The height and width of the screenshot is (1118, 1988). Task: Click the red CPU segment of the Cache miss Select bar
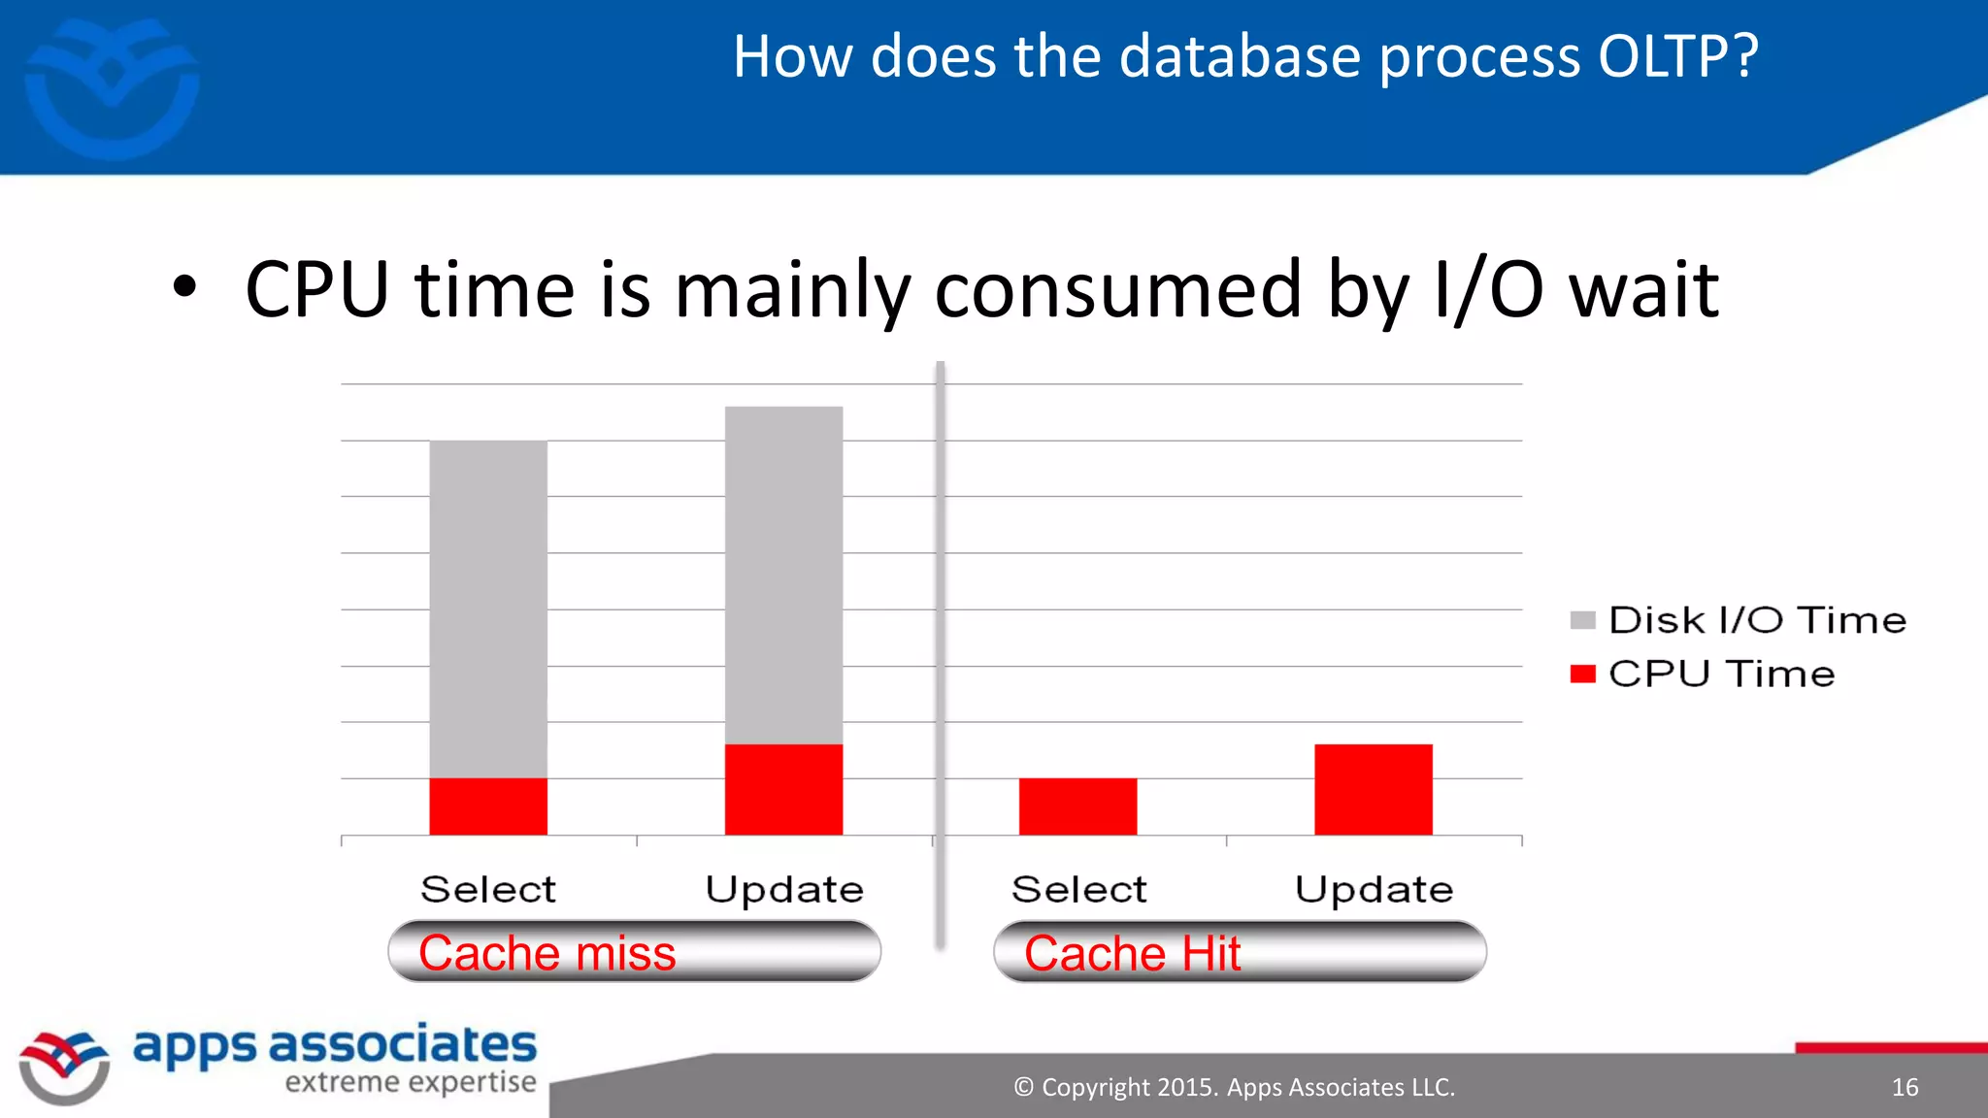488,806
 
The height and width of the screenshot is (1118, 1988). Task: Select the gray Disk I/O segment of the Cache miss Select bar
488,608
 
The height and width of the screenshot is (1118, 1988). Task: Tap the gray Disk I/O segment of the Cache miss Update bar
783,575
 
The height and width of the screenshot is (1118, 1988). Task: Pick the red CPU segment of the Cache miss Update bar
783,789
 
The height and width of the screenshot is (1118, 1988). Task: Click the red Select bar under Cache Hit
1077,806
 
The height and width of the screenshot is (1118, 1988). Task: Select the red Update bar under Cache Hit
1373,789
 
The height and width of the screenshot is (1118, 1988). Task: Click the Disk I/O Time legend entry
1738,620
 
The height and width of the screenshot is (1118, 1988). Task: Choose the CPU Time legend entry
1704,674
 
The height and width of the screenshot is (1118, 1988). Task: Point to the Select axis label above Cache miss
488,889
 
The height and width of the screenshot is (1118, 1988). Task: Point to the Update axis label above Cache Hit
1373,889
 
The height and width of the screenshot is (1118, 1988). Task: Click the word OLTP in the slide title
1661,56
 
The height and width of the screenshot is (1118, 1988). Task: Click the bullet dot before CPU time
184,288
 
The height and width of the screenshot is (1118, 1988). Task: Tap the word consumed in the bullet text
1117,289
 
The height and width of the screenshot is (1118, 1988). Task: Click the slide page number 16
1905,1087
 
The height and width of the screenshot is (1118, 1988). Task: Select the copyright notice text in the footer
1234,1087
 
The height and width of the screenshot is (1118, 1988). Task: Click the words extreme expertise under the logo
410,1082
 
